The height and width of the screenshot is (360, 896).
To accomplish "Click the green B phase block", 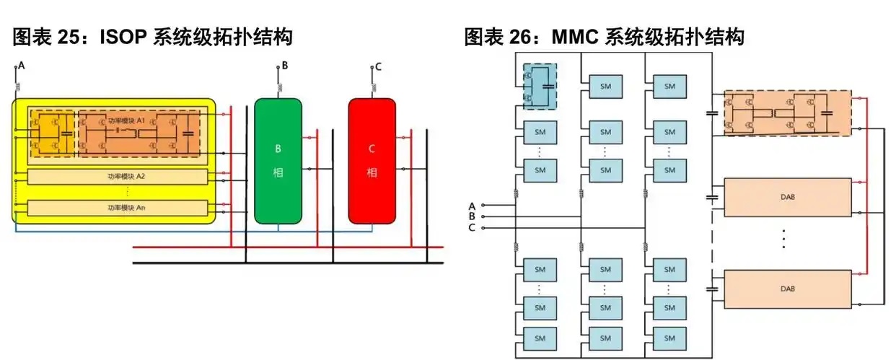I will (278, 160).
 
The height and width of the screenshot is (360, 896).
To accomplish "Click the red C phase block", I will (372, 160).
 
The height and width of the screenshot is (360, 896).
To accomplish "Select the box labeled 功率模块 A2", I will (116, 176).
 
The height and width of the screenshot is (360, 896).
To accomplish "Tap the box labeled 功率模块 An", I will (116, 208).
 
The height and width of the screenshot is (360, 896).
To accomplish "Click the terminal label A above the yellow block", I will (22, 66).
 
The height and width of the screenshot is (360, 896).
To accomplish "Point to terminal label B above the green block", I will (285, 66).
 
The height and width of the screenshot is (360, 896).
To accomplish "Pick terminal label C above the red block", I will (378, 67).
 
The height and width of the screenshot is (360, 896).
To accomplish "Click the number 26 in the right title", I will (522, 36).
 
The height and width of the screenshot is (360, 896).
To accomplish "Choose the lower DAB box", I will (787, 288).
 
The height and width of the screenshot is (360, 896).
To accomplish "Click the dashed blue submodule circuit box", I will (540, 86).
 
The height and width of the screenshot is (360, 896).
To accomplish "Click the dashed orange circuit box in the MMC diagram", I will (787, 113).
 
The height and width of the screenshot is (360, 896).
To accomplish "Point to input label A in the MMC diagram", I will (472, 205).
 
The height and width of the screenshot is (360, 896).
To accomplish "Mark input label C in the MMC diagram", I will (472, 228).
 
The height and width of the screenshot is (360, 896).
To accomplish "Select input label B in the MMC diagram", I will (472, 216).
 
